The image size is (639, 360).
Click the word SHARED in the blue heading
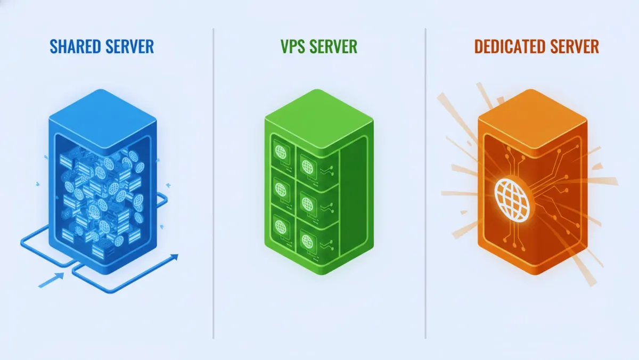pyautogui.click(x=74, y=46)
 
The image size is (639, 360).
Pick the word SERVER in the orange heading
pyautogui.click(x=573, y=46)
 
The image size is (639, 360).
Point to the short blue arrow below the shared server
pyautogui.click(x=52, y=280)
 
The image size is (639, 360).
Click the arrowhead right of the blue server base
pyautogui.click(x=174, y=258)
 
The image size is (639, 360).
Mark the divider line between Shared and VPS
pyautogui.click(x=214, y=181)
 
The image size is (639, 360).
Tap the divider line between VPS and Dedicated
pyautogui.click(x=425, y=181)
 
